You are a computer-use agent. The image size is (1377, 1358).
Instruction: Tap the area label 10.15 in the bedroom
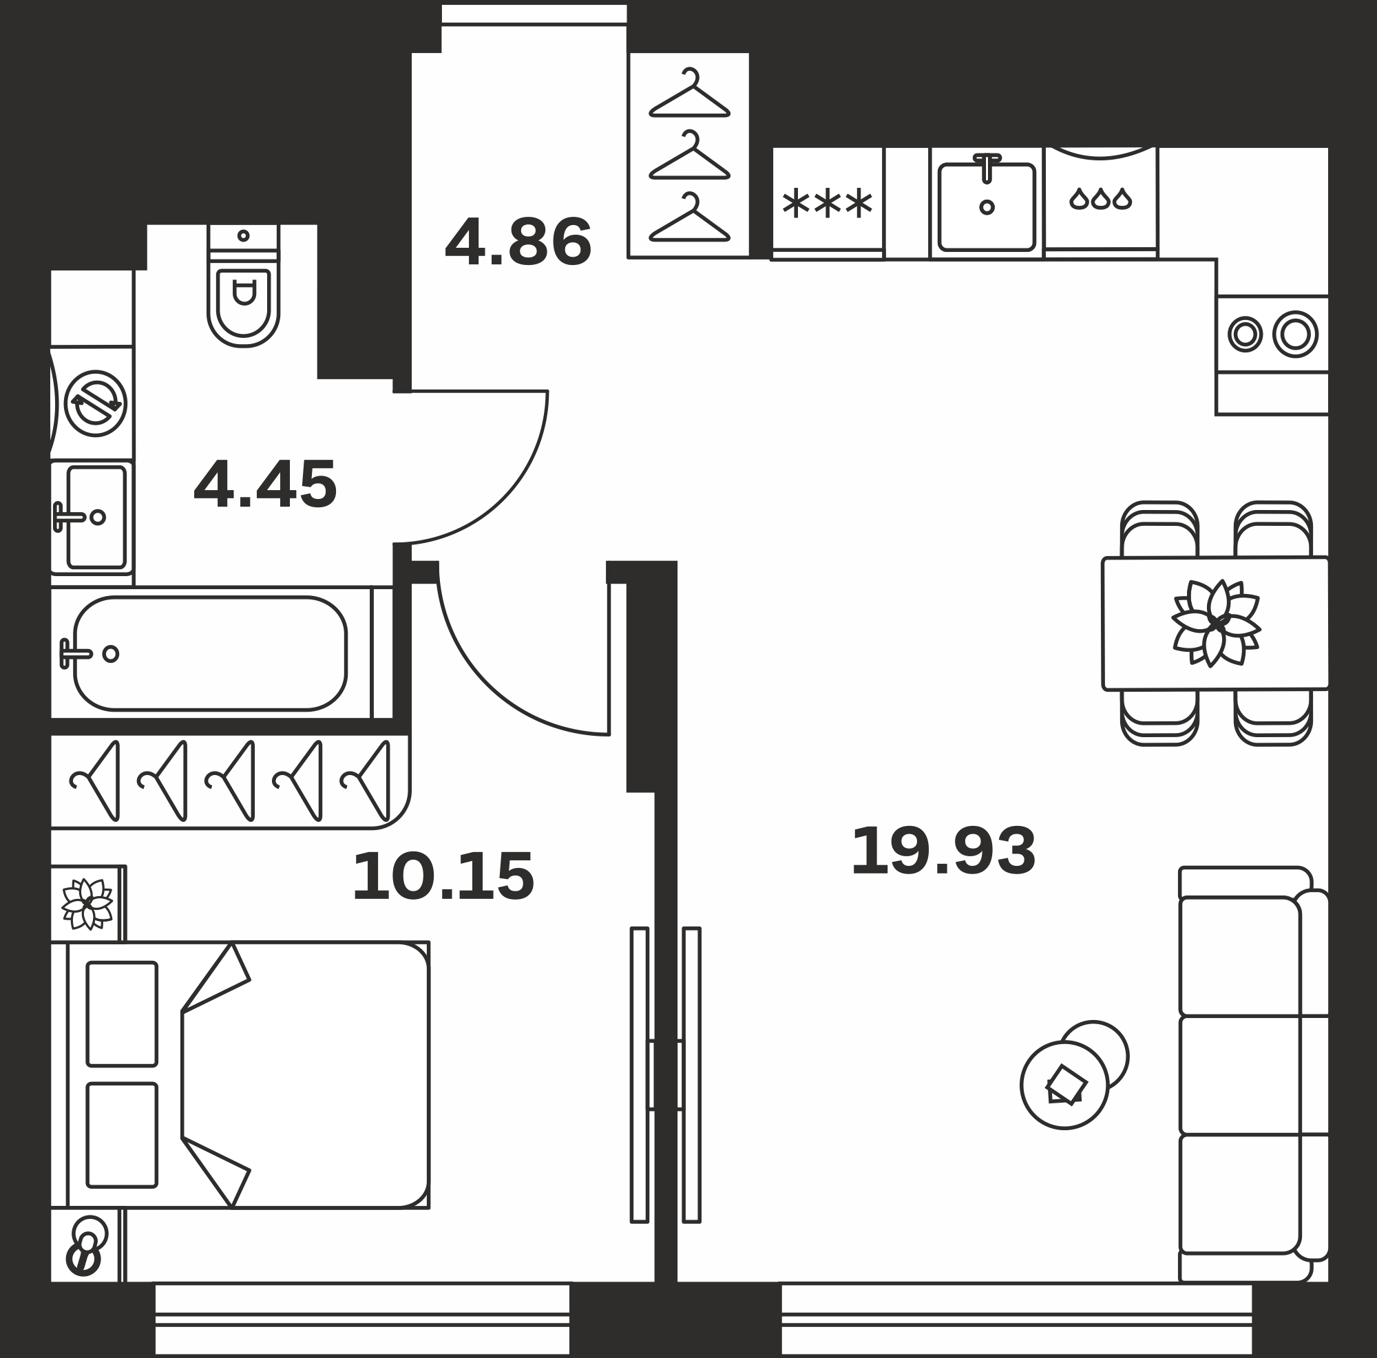pos(443,876)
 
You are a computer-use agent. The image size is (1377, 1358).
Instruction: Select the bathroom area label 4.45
pos(265,485)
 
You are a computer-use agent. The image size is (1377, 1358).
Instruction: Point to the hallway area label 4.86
pos(518,242)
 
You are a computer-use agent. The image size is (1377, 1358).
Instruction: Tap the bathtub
pos(210,653)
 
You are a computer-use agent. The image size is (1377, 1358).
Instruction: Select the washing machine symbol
pos(96,403)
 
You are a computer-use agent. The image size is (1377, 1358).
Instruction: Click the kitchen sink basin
pos(987,206)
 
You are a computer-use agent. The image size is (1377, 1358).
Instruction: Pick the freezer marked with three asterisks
pos(828,204)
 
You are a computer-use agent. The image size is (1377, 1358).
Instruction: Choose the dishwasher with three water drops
pos(1100,202)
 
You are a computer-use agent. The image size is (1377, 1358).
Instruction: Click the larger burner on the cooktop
pos(1295,333)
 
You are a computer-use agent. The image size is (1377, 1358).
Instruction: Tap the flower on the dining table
pos(1216,624)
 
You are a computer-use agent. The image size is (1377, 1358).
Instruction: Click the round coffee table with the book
pos(1064,1085)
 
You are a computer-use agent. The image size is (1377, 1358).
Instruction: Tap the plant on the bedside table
pos(87,904)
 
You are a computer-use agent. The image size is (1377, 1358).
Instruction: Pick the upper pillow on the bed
pos(122,1014)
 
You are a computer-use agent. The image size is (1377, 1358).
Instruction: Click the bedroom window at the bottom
pos(362,1318)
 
